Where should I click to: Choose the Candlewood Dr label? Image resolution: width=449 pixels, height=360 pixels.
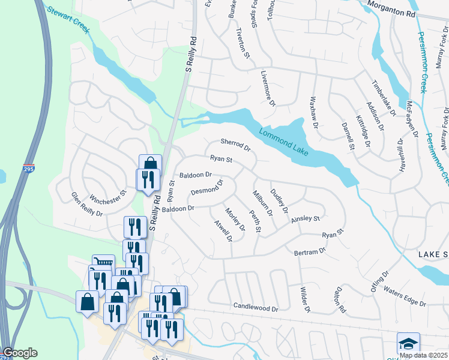coord(256,308)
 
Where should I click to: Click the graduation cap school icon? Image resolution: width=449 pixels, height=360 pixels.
coord(408,343)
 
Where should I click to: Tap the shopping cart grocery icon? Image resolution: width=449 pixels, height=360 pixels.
coord(104,263)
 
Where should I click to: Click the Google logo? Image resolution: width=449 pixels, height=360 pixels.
coord(20,353)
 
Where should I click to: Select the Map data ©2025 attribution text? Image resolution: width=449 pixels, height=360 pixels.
coord(423,355)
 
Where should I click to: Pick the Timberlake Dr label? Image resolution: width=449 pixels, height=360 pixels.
coord(384,97)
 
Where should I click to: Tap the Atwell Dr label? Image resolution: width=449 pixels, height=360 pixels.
coord(223,230)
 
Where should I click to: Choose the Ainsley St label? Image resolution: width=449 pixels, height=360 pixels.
coord(306,220)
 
